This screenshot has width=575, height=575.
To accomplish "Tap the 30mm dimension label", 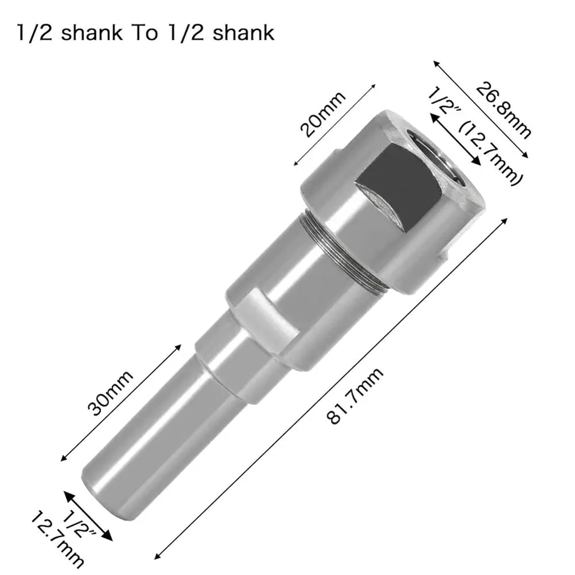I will click(x=110, y=393).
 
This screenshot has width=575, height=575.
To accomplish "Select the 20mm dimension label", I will click(x=323, y=114).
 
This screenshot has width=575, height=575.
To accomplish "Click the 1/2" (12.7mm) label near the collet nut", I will click(x=475, y=136).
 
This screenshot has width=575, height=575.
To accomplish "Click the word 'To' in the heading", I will click(x=145, y=33).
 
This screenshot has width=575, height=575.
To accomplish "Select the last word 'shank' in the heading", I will click(x=243, y=33).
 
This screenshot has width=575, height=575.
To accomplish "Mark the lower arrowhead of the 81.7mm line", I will click(x=156, y=557).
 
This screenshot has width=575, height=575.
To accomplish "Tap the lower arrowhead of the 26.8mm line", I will click(x=527, y=156).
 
